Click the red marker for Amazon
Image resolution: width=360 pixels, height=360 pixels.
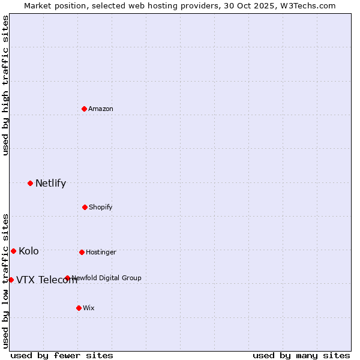84,109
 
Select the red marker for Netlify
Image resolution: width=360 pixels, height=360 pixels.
30,183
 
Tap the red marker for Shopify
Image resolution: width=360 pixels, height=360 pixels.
85,207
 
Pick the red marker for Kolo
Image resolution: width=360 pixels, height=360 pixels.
13,251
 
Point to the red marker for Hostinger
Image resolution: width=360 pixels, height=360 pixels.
82,252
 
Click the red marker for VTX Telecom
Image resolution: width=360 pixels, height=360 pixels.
11,280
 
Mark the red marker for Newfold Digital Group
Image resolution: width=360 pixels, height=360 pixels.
67,278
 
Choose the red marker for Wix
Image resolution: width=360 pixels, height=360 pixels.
79,308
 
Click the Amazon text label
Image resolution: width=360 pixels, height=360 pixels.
101,109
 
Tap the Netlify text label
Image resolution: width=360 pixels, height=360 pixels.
50,184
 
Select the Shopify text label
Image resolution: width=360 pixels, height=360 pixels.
100,207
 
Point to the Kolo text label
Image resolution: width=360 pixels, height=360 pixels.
29,251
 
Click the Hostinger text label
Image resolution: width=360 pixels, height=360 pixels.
101,252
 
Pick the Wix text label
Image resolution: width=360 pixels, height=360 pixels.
89,308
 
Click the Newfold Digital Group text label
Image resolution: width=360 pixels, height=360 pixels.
107,278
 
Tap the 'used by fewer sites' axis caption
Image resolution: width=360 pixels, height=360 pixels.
62,355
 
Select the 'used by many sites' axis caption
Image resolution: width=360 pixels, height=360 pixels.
301,355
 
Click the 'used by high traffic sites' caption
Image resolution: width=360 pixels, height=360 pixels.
5,85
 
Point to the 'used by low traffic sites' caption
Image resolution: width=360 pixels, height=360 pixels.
5,280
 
